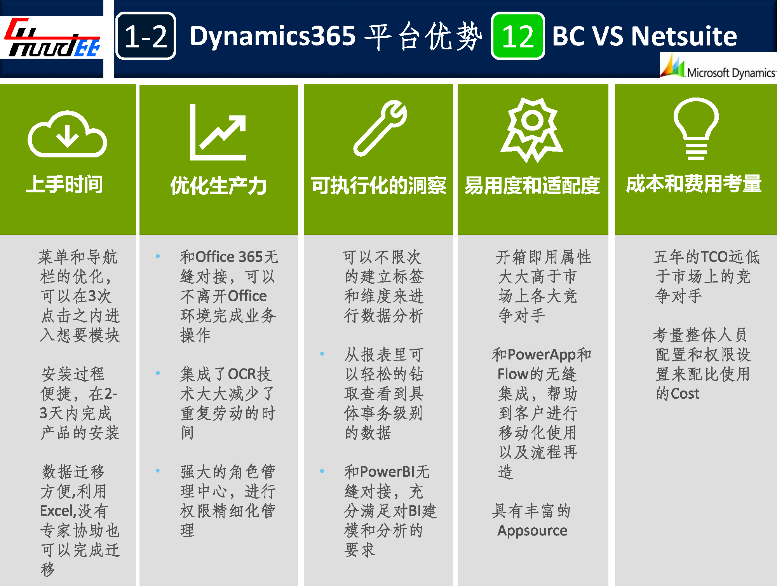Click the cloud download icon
coord(67,134)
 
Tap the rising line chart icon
coord(218,132)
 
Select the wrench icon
coord(380,128)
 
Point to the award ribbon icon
coord(532,130)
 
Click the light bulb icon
coord(696,129)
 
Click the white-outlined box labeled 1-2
coord(146,36)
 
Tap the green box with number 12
coord(518,36)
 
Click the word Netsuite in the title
coord(684,36)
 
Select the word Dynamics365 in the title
coord(273,36)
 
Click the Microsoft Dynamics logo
coord(718,66)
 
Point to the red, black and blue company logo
coord(52,38)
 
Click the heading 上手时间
coord(64,184)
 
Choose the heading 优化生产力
coord(218,185)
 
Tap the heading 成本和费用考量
coord(694,184)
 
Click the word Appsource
coord(532,531)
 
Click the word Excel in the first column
coord(56,511)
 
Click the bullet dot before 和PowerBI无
coord(322,471)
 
